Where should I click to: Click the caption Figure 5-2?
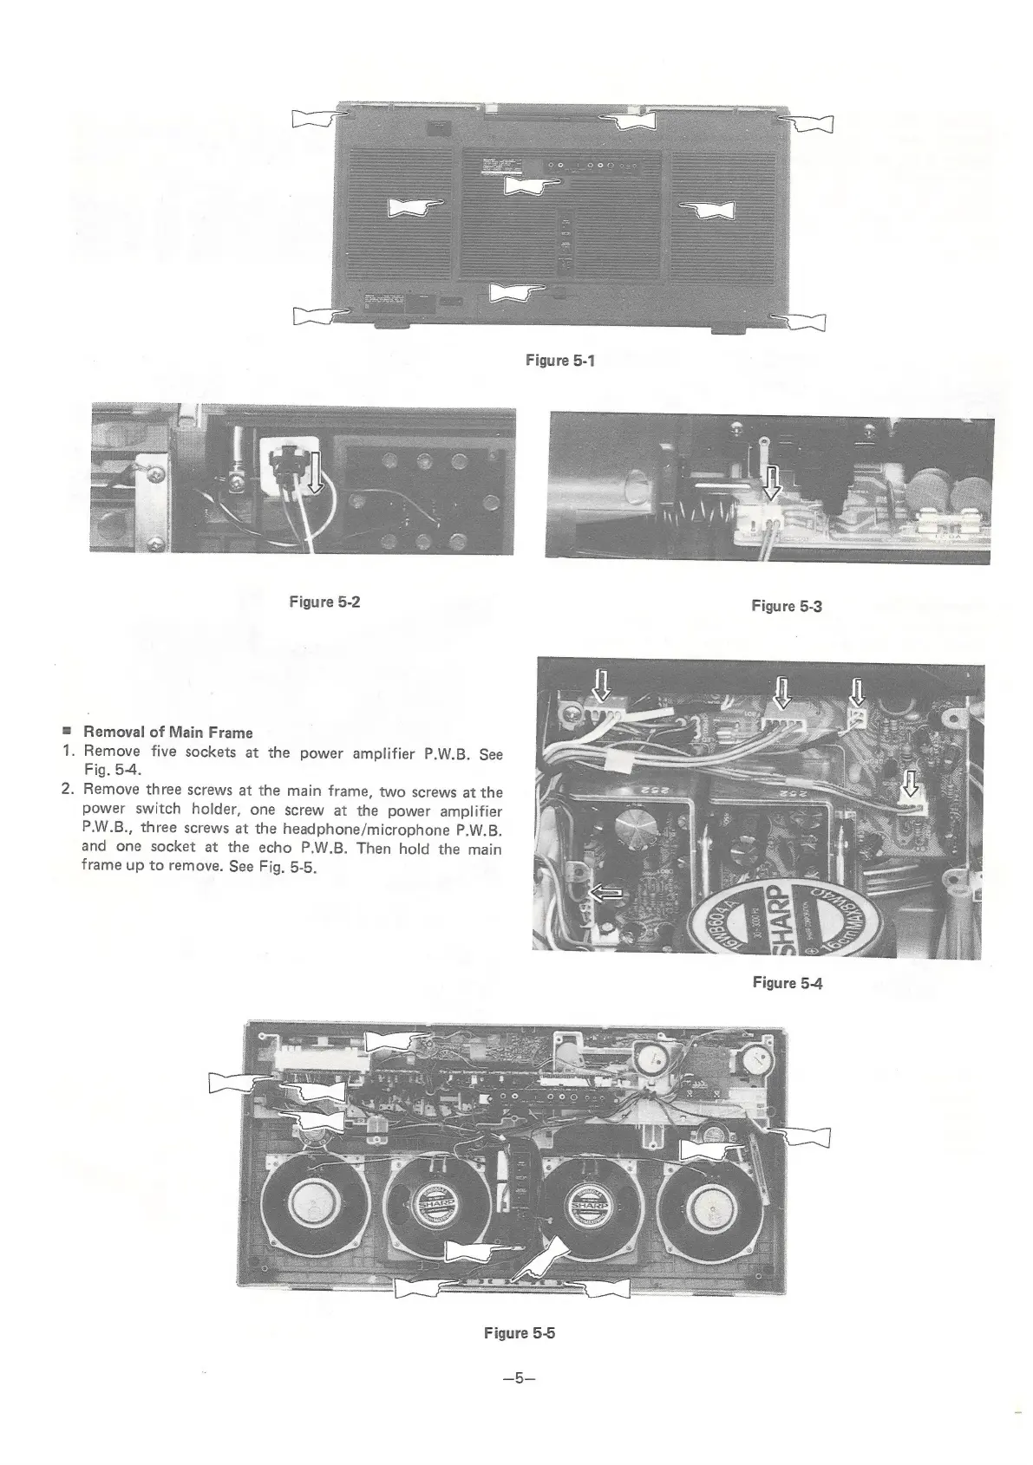click(x=324, y=602)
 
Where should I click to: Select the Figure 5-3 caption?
click(x=787, y=605)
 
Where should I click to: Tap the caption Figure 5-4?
click(x=787, y=982)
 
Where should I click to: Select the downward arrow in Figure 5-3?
click(x=771, y=483)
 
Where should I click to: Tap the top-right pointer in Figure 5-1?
click(x=806, y=123)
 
